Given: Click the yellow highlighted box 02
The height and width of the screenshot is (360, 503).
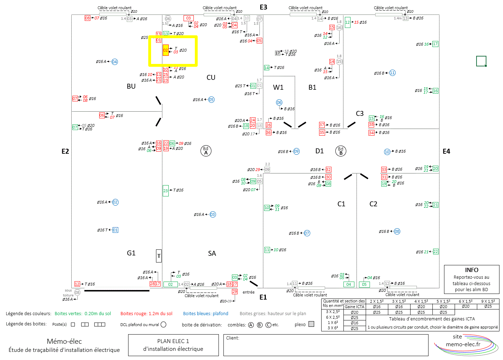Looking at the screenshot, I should pos(166,50).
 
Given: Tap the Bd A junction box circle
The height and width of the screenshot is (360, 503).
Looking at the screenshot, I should pos(206,151).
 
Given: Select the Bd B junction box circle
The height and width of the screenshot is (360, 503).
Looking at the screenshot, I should pos(341,151).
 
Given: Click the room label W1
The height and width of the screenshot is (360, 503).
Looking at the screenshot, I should pos(278,87).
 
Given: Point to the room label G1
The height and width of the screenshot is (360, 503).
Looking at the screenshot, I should pos(131,253).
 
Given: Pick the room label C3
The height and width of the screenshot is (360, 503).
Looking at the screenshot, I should pos(360,113).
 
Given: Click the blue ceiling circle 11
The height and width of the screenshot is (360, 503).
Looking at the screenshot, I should pos(392,73).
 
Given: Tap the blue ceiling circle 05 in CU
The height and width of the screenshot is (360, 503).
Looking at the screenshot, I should pos(211,100).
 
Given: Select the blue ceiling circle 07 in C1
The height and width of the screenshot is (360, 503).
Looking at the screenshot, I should pos(307,233).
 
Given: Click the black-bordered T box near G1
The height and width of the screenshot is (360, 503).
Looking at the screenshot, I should pos(159,256).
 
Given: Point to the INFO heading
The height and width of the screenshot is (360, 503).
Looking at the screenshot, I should pos(472,270).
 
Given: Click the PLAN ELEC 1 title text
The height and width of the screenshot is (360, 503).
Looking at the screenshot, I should pos(173,341).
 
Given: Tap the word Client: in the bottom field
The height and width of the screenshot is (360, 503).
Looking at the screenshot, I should pos(233,338).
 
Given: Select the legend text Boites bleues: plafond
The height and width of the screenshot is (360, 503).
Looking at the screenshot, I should pos(205,314).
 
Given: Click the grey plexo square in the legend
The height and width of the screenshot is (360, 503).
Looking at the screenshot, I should pos(311,324).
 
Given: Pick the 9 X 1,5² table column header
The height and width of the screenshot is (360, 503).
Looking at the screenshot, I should pos(488,301).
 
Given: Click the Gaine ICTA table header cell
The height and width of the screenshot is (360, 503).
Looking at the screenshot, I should pos(354,307).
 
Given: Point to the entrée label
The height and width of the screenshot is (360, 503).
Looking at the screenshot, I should pos(248,292).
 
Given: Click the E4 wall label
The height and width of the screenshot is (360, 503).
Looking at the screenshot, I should pos(446,151).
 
